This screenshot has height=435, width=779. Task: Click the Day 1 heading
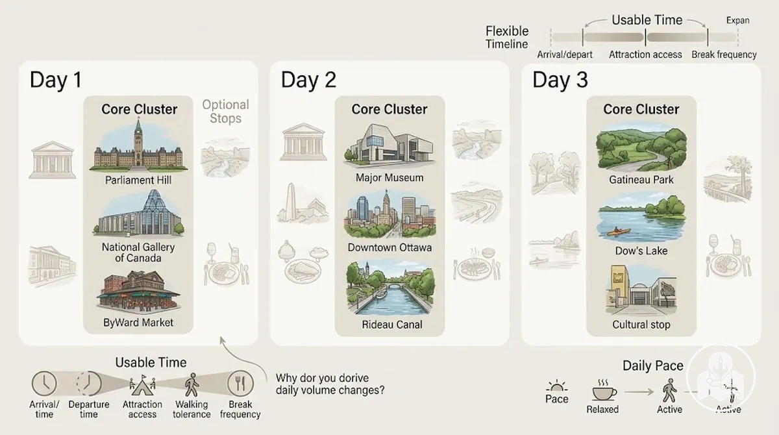point(56,80)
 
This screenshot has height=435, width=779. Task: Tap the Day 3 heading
point(560,80)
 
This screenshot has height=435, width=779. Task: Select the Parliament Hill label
point(138,180)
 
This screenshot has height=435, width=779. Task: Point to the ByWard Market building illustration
point(138,292)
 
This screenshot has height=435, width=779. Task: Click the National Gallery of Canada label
point(138,253)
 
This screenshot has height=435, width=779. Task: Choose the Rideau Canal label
point(392,325)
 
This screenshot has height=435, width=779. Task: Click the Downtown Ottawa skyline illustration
point(389,214)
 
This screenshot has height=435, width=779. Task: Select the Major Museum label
point(389,178)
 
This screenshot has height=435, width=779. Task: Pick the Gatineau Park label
point(641,180)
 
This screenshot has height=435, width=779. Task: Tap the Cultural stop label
point(641,325)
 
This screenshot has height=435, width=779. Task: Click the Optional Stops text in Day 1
point(226,111)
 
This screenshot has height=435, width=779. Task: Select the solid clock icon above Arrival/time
point(44,383)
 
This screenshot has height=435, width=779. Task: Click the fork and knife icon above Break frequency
point(240,383)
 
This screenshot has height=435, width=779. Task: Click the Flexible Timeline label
point(507,38)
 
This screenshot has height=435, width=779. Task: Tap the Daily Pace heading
point(653,366)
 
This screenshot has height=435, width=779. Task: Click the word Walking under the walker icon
point(192,404)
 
